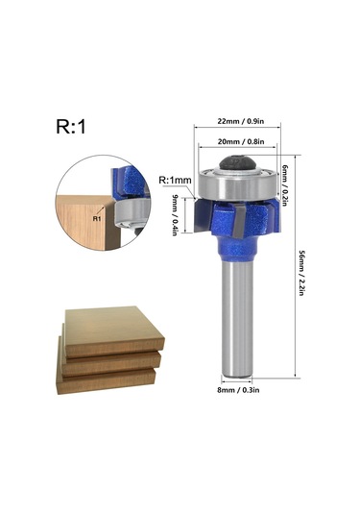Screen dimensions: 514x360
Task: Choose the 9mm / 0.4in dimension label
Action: (x=175, y=216)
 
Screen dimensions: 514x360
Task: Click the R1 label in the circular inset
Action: (x=96, y=218)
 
